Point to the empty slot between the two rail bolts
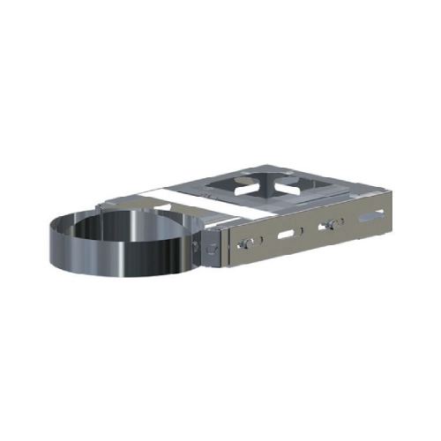(287, 235)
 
